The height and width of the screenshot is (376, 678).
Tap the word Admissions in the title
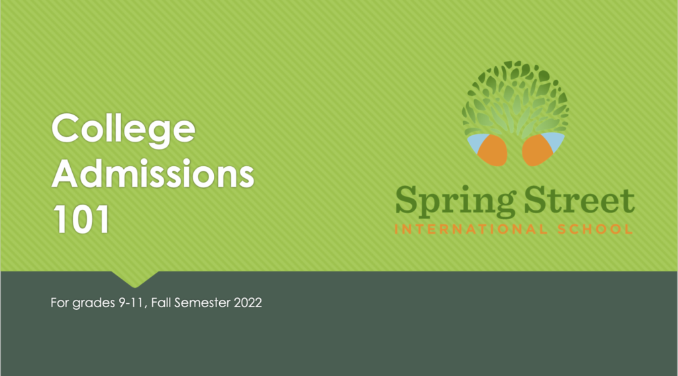153,173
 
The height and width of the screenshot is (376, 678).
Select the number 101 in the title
81,220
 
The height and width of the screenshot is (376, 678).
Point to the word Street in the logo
579,200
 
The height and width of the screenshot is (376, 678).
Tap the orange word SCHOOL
595,229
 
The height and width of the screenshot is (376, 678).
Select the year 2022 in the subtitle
248,303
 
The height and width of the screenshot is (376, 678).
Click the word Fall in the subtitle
161,303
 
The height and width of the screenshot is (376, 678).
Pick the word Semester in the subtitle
203,303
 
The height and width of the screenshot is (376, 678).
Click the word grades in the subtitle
93,303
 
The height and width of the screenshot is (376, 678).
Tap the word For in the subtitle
60,303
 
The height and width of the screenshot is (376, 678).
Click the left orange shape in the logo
493,151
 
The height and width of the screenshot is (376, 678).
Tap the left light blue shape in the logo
476,143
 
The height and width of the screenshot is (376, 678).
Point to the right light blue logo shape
555,142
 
